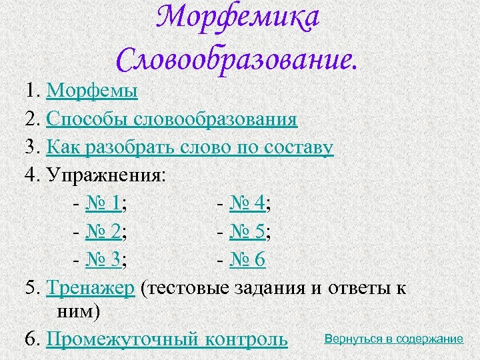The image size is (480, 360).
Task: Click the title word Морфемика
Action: coord(239,20)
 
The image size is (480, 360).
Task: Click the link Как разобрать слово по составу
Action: coord(189,147)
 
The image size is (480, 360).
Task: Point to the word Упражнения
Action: coord(107,175)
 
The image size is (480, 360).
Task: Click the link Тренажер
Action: coord(91,288)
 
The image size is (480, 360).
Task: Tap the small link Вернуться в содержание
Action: coord(393,339)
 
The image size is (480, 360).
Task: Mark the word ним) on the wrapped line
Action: coord(73,311)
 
